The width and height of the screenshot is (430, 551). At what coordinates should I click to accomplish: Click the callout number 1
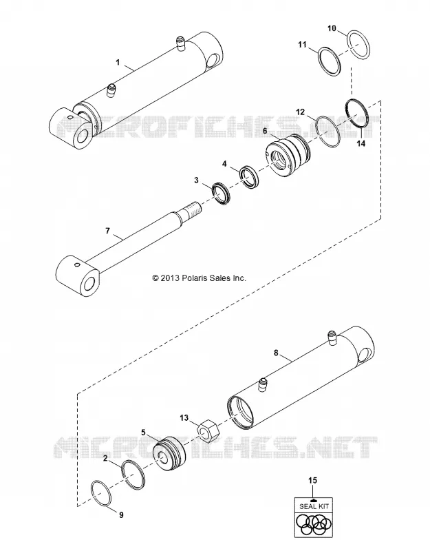(x=118, y=62)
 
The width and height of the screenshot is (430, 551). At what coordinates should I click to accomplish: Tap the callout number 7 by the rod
(x=108, y=231)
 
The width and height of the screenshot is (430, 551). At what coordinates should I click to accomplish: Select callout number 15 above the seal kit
(x=312, y=480)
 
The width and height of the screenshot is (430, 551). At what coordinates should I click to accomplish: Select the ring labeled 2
(x=133, y=475)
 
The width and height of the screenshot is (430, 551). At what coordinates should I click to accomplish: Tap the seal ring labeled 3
(x=221, y=194)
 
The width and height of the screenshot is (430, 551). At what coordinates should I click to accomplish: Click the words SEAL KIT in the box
(x=314, y=506)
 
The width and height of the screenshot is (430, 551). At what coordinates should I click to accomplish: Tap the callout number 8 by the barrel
(x=276, y=353)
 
